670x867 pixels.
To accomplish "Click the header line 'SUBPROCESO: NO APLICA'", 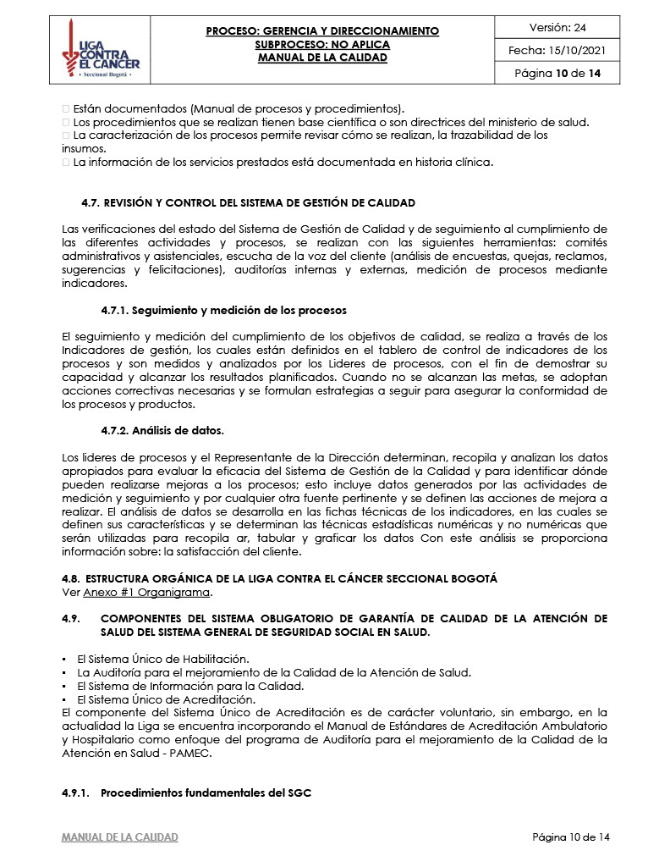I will pos(322,44).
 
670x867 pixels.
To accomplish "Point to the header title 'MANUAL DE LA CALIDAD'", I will pos(322,58).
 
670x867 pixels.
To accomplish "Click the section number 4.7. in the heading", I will pos(90,203).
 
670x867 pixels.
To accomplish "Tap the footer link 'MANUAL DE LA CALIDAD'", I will pos(119,837).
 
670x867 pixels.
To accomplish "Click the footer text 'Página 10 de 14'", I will pos(571,837).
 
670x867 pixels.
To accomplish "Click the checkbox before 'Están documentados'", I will pos(67,108).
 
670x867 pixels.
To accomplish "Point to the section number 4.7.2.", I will pos(118,430).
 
